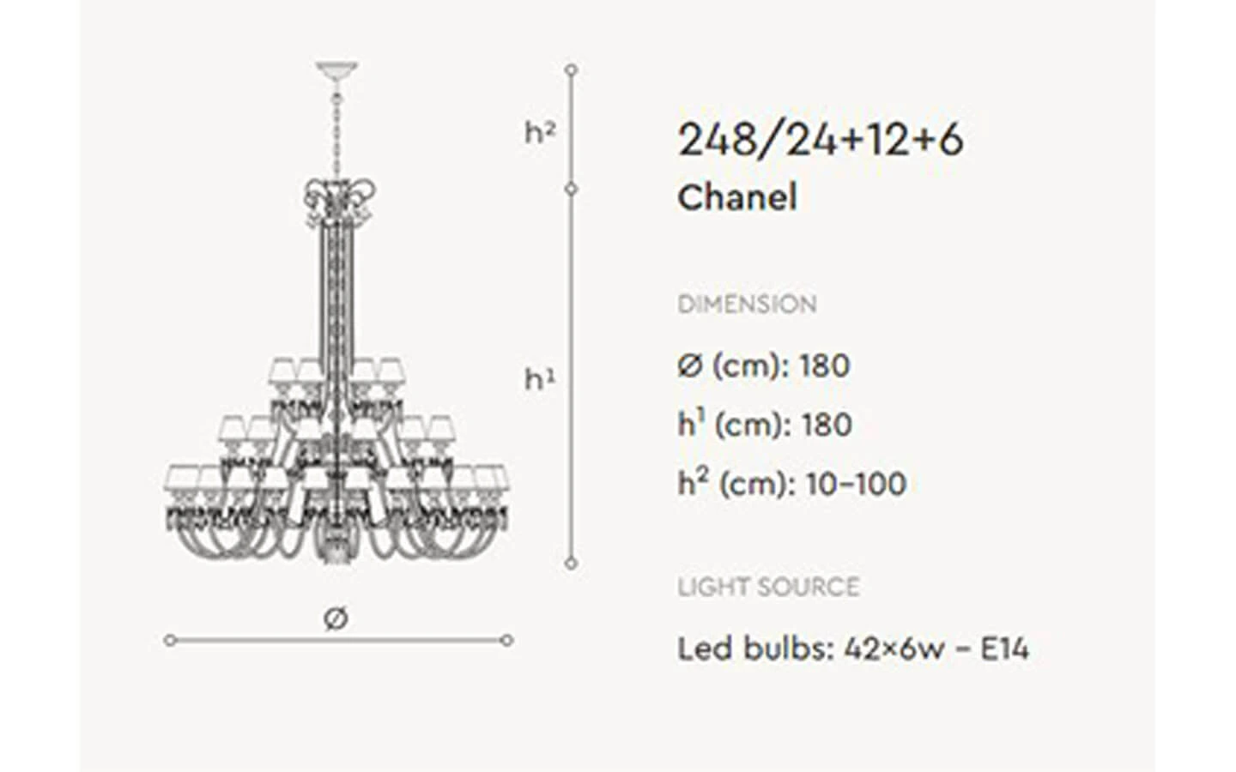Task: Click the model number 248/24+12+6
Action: (x=821, y=140)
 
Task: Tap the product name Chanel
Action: (x=737, y=197)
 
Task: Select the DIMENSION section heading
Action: (x=747, y=305)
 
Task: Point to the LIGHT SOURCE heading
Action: (x=769, y=588)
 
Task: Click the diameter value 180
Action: (x=824, y=365)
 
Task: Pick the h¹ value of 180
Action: (x=827, y=425)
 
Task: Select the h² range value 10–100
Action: (x=857, y=484)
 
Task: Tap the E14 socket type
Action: (x=1004, y=648)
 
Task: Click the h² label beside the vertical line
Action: (x=540, y=132)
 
